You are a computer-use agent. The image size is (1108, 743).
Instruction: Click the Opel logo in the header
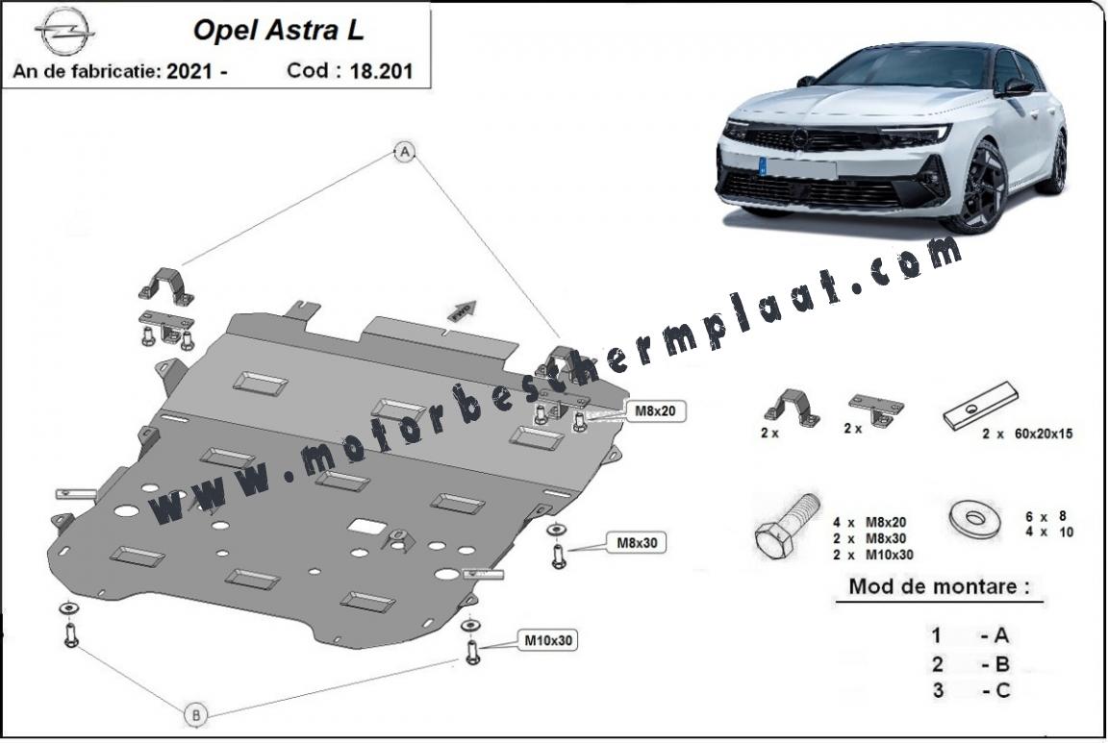click(65, 31)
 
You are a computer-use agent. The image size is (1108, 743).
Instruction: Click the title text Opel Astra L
click(278, 31)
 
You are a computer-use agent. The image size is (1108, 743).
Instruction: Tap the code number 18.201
click(381, 71)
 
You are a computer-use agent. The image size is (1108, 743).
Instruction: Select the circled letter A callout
click(405, 152)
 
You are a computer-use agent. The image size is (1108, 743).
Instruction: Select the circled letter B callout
click(196, 715)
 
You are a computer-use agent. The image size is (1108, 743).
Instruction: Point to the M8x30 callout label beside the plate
click(638, 542)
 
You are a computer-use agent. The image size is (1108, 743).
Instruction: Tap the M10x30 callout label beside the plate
click(547, 640)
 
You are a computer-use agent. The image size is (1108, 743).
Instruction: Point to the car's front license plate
click(797, 167)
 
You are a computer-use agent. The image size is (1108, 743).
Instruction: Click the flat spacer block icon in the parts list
click(980, 407)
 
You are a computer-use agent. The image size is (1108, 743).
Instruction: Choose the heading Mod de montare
click(939, 586)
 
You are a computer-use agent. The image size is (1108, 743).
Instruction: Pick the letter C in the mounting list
click(1003, 690)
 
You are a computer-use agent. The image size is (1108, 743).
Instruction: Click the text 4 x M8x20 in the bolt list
click(869, 523)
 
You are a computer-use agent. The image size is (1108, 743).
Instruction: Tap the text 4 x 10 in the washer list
click(1049, 532)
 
